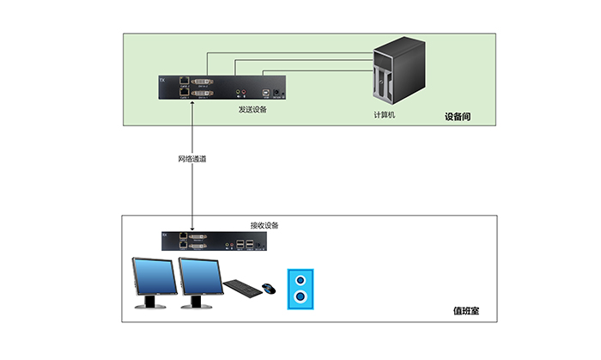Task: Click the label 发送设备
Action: click(x=252, y=109)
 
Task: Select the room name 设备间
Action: click(x=458, y=116)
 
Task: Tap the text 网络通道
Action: click(x=192, y=159)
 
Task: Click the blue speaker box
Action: click(x=300, y=289)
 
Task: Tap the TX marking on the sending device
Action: click(x=165, y=82)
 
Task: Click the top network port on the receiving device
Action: click(x=184, y=235)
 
